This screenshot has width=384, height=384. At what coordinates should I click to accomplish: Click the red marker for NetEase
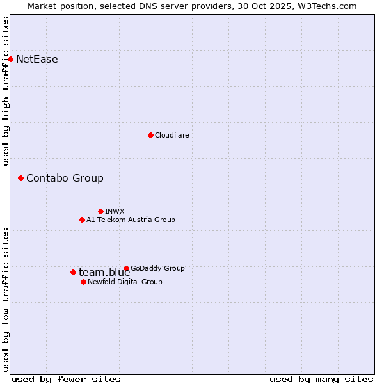point(10,60)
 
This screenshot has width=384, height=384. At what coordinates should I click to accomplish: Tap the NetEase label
point(36,60)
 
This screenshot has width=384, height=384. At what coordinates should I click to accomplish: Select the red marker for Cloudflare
point(150,135)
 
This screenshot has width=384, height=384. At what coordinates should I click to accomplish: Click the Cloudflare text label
point(172,135)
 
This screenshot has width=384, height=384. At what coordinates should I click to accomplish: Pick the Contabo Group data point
point(20,178)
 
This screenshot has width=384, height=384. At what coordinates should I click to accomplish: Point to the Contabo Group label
point(65,179)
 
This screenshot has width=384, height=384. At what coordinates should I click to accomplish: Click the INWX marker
point(100,211)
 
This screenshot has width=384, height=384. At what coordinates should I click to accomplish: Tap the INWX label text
point(115,211)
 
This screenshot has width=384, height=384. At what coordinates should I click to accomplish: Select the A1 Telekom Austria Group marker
point(82,220)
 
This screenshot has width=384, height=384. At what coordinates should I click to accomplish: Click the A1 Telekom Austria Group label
point(131,220)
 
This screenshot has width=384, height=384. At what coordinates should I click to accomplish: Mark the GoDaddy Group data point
point(126,268)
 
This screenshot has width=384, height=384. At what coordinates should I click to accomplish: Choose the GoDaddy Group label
point(157,268)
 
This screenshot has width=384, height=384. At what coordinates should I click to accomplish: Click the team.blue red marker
point(73,272)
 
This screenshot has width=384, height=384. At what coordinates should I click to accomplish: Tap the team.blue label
point(104,273)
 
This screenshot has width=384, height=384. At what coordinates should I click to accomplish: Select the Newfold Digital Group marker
point(83,282)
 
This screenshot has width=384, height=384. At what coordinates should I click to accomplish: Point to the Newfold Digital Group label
point(125,282)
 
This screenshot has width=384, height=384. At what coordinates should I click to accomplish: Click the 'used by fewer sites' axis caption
point(66,379)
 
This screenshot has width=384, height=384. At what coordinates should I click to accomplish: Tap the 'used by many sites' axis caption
point(321,379)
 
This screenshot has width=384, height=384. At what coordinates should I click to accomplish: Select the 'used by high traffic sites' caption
point(6,91)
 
